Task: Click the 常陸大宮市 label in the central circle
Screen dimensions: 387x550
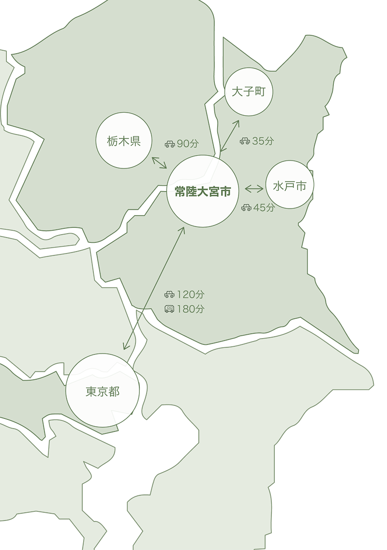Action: pos(203,192)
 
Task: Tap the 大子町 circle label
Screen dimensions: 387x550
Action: pos(249,92)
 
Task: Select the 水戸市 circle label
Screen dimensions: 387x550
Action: pos(290,186)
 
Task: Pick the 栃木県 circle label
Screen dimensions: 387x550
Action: pos(124,141)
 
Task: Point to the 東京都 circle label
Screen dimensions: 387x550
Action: pos(103,391)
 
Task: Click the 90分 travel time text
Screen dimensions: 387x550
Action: pos(188,144)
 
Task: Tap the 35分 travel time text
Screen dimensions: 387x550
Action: pos(263,141)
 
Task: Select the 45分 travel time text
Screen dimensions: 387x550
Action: pos(264,208)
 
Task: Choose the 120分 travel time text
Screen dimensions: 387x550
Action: pos(191,294)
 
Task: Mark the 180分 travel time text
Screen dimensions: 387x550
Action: pos(191,309)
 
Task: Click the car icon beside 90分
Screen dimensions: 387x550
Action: pos(169,144)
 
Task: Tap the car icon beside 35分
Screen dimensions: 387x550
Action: pos(245,141)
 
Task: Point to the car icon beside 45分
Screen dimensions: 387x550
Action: pos(246,208)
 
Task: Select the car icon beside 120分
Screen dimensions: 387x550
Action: pos(169,294)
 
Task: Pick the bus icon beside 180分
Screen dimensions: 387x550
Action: pos(169,309)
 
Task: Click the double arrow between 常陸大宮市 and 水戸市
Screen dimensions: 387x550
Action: pos(254,189)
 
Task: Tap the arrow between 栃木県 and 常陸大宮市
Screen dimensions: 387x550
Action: pos(159,163)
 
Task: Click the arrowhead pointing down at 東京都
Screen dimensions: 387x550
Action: pos(126,345)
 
